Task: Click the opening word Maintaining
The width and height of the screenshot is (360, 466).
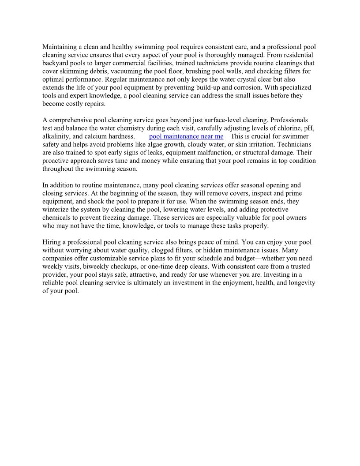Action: point(60,47)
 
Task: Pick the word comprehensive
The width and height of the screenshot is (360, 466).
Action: point(69,120)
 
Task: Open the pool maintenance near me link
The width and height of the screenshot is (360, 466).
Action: point(186,136)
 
